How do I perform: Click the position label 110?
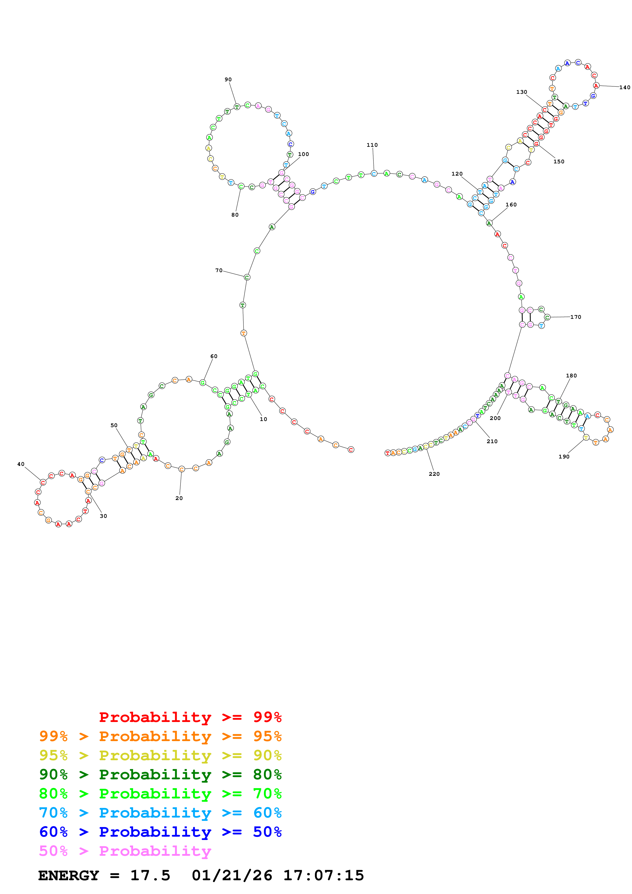[x=372, y=145]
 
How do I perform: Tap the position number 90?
[x=228, y=80]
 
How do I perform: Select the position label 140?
[x=624, y=87]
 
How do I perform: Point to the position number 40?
[x=21, y=464]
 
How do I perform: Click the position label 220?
[x=434, y=474]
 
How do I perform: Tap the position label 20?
[x=179, y=498]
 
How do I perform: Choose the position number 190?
[x=563, y=456]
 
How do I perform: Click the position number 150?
[x=558, y=161]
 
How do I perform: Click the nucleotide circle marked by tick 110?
[x=374, y=173]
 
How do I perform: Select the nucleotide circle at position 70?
[x=247, y=277]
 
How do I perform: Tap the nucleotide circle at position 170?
[x=547, y=317]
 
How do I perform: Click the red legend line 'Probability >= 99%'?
[x=190, y=717]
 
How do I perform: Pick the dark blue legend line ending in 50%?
[x=160, y=832]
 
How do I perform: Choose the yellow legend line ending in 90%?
[x=160, y=755]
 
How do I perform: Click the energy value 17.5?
[x=150, y=875]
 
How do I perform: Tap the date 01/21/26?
[x=232, y=875]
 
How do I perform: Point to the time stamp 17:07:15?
[x=323, y=875]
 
